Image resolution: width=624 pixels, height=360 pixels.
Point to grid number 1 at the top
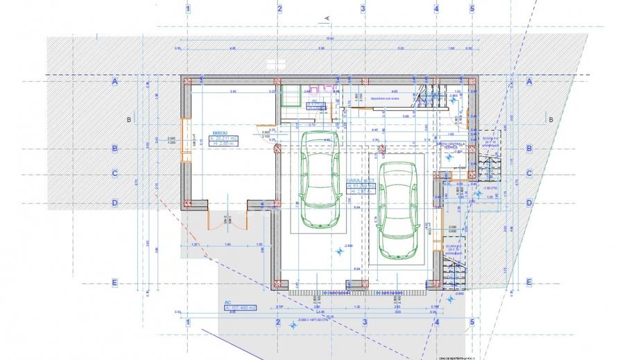click(188, 8)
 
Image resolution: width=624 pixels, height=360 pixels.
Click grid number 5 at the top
click(471, 8)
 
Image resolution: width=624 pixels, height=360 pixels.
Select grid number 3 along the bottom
click(363, 323)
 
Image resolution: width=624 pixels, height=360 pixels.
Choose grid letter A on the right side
click(529, 81)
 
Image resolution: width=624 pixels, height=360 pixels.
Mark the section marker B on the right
click(551, 119)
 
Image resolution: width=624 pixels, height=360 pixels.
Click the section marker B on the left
click(129, 119)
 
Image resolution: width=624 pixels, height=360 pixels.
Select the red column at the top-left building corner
click(187, 81)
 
